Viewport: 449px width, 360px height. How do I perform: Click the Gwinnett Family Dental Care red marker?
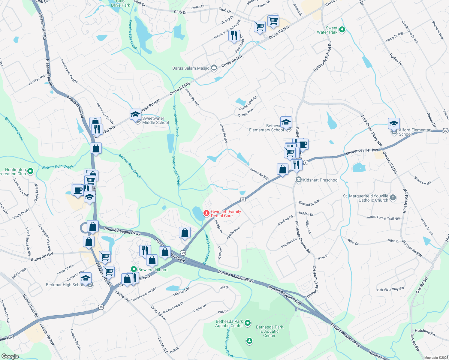coord(206,213)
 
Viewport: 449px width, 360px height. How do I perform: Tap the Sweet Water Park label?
coord(327,30)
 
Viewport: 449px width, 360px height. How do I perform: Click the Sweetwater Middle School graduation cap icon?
coord(136,115)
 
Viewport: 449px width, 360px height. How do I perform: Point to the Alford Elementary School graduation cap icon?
coord(394,123)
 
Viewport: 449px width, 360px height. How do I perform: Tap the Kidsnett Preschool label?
coord(321,180)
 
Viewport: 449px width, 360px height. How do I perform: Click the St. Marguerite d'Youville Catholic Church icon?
coord(393,198)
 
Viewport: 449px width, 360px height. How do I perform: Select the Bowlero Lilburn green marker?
coord(134,269)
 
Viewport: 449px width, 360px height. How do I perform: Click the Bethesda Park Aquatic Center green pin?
coord(248,323)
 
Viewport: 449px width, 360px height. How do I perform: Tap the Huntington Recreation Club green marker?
coord(30,171)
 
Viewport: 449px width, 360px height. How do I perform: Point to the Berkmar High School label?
coord(65,285)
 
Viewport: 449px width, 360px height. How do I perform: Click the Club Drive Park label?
coord(120,3)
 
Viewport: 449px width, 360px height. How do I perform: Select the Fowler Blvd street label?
coord(234,233)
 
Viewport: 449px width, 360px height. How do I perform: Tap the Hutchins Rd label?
coord(425,332)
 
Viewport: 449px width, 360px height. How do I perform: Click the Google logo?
coord(10,356)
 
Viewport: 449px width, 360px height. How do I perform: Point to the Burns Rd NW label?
coord(42,256)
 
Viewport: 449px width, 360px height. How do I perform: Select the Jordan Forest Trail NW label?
coord(383,218)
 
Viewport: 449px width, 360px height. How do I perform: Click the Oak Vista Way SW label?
coord(390,289)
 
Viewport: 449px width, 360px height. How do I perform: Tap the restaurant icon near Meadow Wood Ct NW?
coord(234,36)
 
